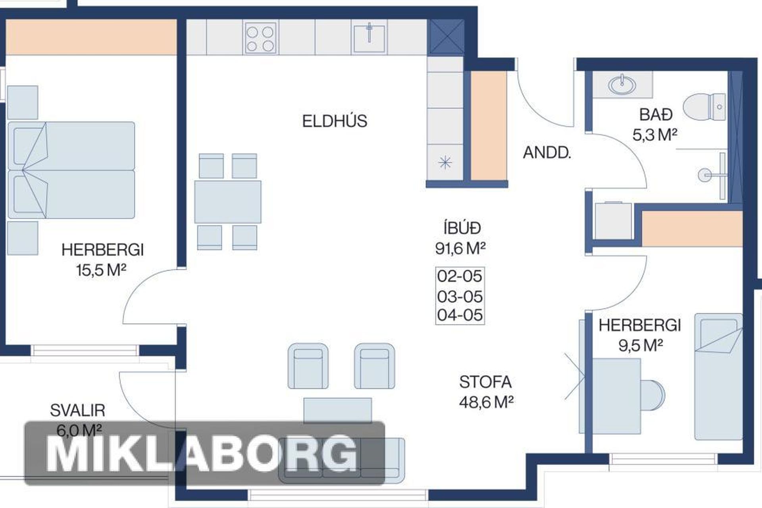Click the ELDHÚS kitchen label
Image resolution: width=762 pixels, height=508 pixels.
(335, 121)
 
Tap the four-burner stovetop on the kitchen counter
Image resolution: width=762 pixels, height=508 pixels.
(260, 38)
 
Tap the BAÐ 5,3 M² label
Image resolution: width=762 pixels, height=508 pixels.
(655, 125)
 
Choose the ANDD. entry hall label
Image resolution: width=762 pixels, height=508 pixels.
(547, 153)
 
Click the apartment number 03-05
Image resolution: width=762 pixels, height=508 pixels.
(460, 296)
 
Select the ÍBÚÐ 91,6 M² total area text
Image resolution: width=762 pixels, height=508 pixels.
(460, 238)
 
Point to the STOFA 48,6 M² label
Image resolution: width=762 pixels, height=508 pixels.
(486, 392)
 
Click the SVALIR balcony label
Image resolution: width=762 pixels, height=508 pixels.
(77, 410)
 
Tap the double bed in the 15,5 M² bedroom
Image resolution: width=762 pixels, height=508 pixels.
(71, 170)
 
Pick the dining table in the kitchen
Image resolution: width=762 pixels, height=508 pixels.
(227, 202)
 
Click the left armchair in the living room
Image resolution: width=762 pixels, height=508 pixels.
(308, 366)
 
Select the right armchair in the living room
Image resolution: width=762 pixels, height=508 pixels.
(374, 366)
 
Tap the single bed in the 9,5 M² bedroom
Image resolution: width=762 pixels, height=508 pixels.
(718, 377)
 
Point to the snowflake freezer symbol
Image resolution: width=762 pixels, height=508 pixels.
(445, 162)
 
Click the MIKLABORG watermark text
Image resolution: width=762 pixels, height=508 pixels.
(202, 454)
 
